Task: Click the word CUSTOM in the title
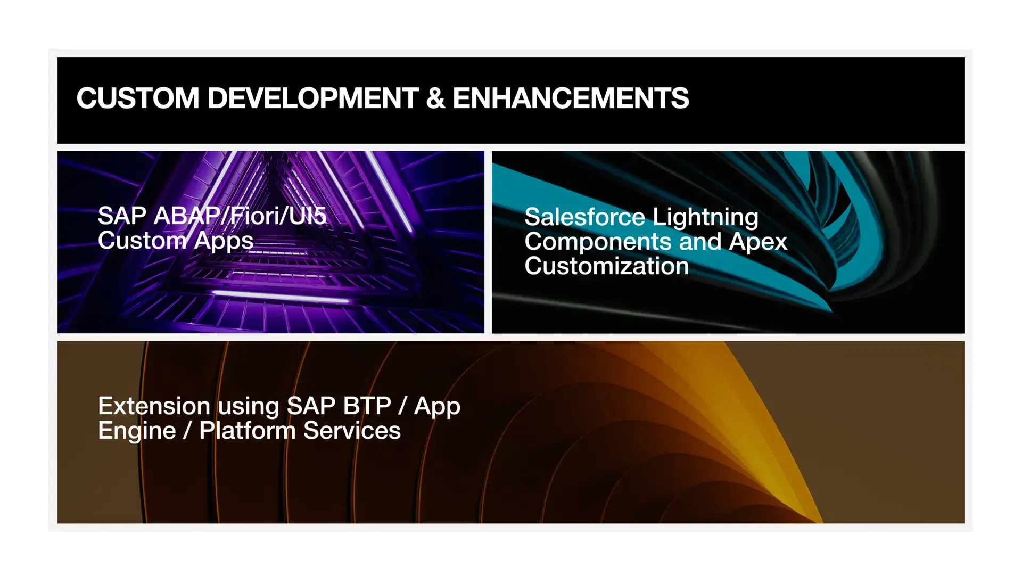point(138,98)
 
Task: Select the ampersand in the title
point(435,98)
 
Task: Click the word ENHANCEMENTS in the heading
point(571,98)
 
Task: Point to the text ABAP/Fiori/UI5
point(240,216)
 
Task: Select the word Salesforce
point(585,217)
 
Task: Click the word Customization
point(607,266)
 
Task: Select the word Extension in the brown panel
point(154,406)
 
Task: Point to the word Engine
point(137,431)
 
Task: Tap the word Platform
point(248,431)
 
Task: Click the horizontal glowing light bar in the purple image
point(281,297)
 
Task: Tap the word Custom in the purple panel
point(142,241)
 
